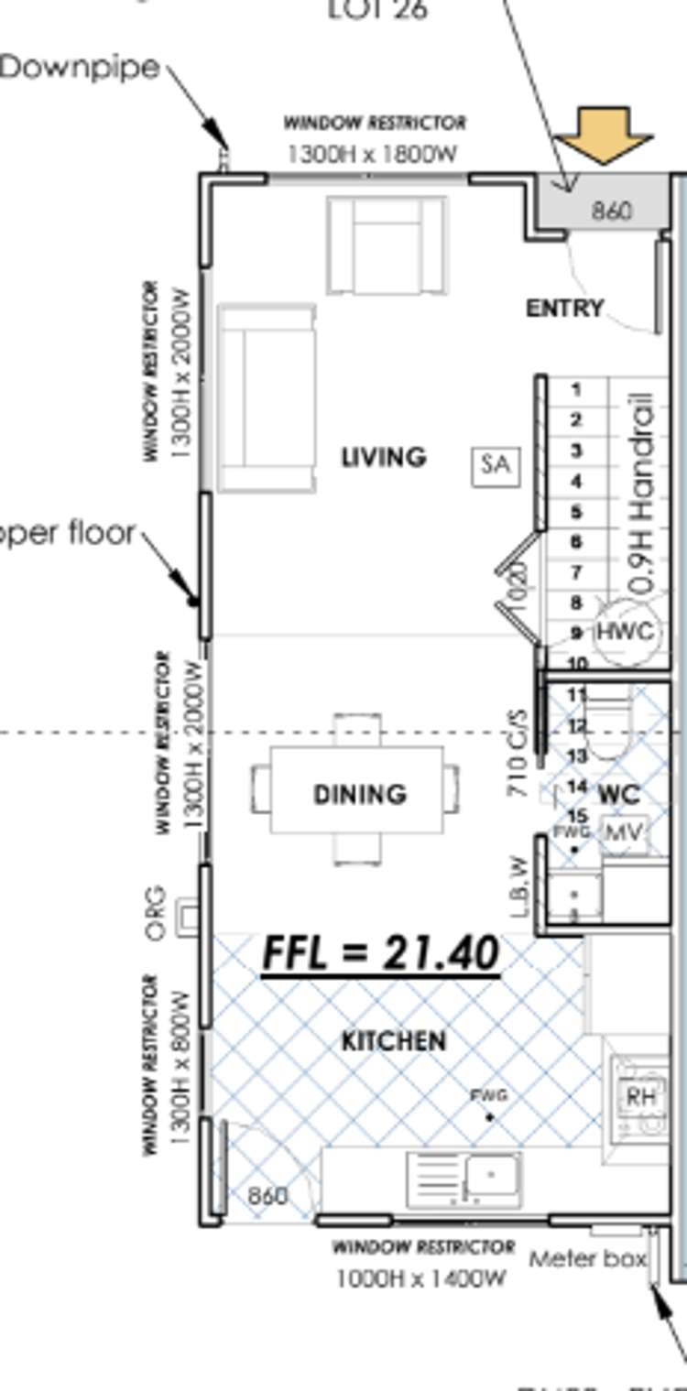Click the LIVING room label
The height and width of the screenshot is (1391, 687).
(x=384, y=457)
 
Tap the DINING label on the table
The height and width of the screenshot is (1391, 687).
(x=360, y=794)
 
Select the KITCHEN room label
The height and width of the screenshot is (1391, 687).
(x=394, y=1041)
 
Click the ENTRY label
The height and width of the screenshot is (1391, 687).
(x=564, y=309)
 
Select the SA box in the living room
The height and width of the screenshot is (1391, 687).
(x=495, y=464)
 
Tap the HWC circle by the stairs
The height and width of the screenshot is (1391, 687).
(x=626, y=632)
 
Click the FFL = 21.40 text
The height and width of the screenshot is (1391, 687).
(x=381, y=954)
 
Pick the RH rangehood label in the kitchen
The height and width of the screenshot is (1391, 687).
(x=640, y=1096)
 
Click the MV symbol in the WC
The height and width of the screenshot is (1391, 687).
(x=625, y=833)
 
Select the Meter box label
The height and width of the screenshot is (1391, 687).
(x=586, y=1259)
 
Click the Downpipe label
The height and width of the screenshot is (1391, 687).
(x=81, y=68)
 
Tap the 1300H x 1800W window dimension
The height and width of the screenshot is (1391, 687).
(x=372, y=154)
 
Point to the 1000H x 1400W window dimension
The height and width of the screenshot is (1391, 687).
(x=420, y=1278)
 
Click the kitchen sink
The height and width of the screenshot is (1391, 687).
(x=492, y=1176)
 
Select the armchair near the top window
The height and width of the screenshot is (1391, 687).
(x=387, y=245)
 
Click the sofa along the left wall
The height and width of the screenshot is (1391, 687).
(x=267, y=398)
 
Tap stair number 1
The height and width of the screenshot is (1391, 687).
(x=576, y=390)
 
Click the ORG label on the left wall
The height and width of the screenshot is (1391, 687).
(x=157, y=912)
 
